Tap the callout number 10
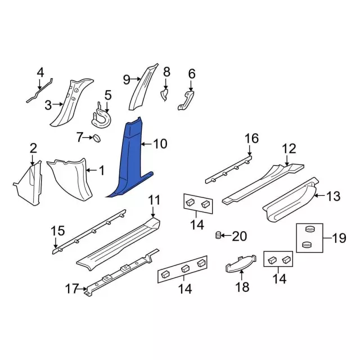pos(160,144)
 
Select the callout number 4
pos(40,73)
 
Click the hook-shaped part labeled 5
pos(101,117)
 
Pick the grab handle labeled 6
pos(186,100)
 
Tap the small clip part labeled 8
pos(164,95)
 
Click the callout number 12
pos(289,148)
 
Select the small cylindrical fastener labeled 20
pos(218,235)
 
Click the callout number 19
pos(339,238)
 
